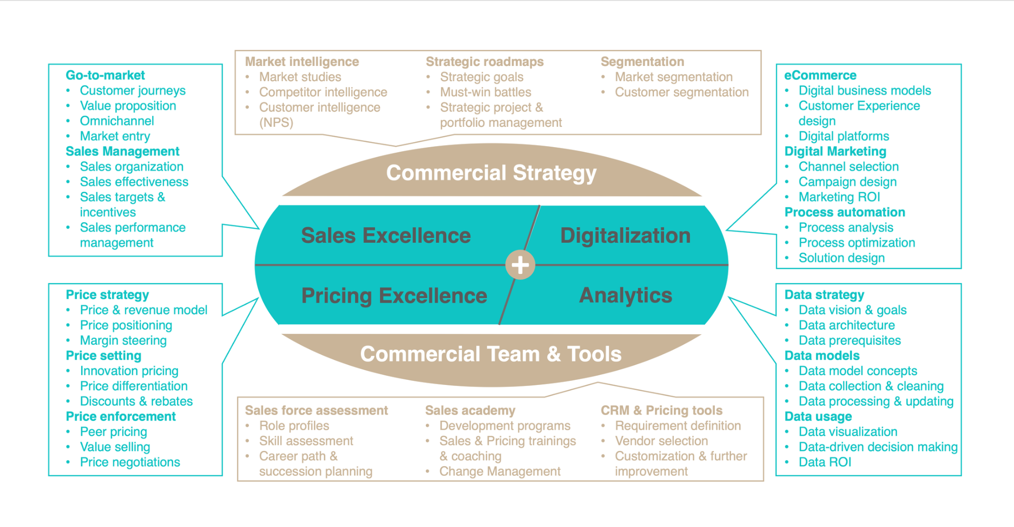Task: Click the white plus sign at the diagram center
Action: tap(520, 265)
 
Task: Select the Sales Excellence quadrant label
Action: tap(386, 235)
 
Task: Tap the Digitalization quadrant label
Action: tap(625, 236)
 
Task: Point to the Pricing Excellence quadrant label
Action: tap(394, 296)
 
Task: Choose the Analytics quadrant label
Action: tap(626, 295)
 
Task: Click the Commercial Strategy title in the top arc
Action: tap(491, 173)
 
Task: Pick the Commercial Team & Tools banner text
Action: tap(491, 354)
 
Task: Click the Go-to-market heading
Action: tap(105, 75)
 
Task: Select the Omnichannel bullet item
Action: tap(117, 121)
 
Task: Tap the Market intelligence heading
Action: tap(302, 62)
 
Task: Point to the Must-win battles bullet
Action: tap(486, 92)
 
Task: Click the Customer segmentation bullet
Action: tap(682, 92)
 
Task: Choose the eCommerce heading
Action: tap(820, 75)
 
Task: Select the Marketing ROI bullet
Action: tap(840, 197)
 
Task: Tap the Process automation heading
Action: tap(845, 212)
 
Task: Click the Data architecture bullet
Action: tap(847, 325)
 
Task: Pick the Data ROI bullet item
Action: tap(825, 462)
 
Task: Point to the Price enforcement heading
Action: tap(121, 416)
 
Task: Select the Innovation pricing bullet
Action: tap(129, 371)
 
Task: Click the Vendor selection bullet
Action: tap(662, 441)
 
